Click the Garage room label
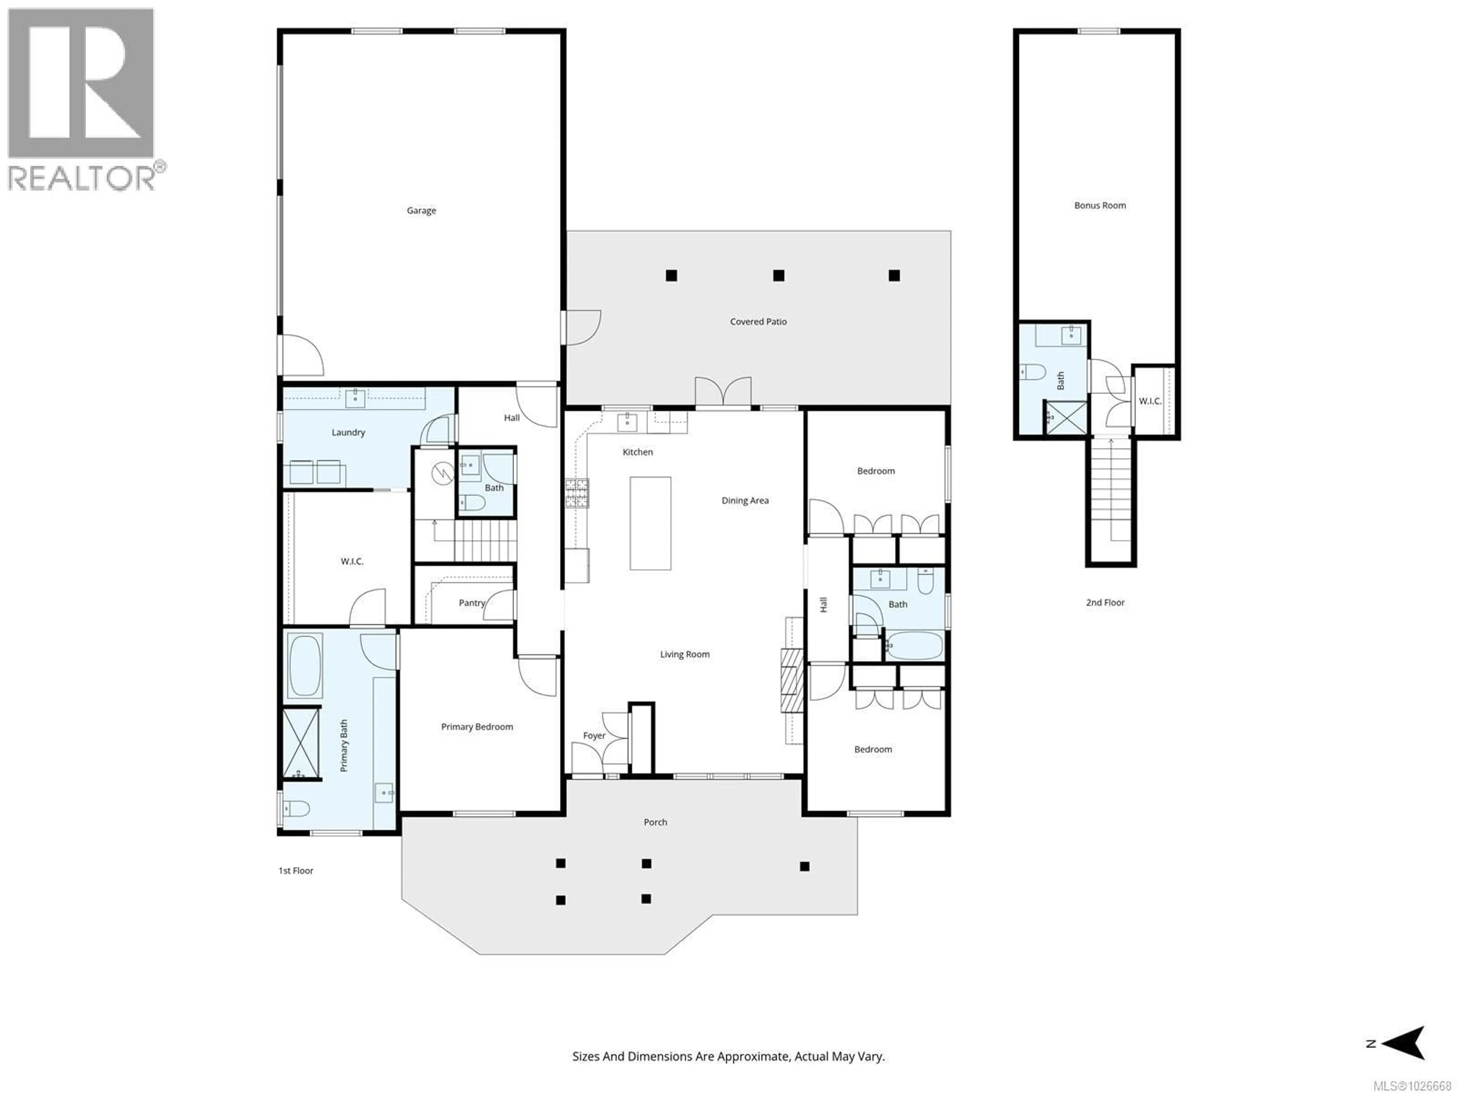[x=421, y=211]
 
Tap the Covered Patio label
[x=758, y=321]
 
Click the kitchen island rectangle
[x=650, y=523]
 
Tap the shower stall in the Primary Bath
[x=301, y=743]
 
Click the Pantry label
[x=472, y=603]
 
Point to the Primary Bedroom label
[x=477, y=727]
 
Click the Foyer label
[x=594, y=736]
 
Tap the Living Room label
[x=685, y=654]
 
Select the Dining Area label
[x=745, y=501]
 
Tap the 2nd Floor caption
[x=1105, y=602]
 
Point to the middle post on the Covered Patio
[x=779, y=276]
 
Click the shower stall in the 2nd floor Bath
[x=1066, y=418]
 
